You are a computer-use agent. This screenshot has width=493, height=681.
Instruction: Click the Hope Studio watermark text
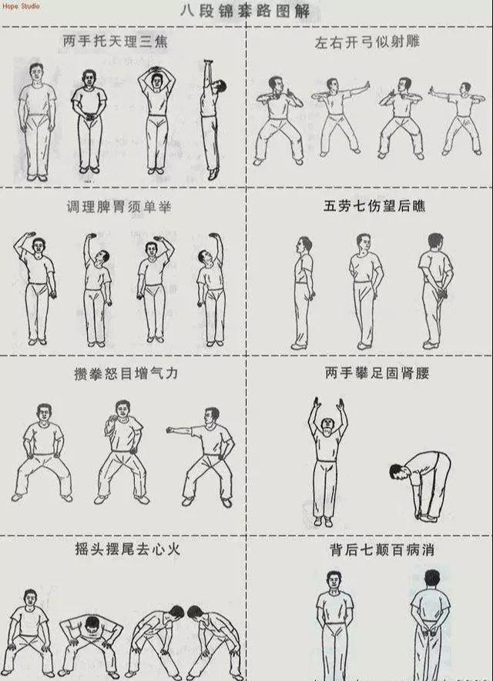tap(21, 6)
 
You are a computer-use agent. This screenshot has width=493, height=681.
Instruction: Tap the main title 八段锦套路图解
tap(246, 11)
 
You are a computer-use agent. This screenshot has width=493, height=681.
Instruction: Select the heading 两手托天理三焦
tap(116, 42)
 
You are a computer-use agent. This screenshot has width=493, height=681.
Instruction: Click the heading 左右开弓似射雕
tap(367, 42)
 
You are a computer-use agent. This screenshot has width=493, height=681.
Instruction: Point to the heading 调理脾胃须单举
tap(119, 207)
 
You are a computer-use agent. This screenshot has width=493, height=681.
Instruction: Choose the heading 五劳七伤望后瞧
tap(374, 205)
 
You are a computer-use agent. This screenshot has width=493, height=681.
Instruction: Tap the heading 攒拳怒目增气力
tap(126, 373)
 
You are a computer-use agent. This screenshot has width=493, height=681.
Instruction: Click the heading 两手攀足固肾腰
tap(377, 372)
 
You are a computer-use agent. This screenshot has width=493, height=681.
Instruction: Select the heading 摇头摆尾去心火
tap(127, 549)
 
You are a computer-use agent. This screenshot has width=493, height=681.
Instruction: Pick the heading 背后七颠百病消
tap(382, 550)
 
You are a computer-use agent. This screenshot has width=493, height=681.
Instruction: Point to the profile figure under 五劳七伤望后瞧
tap(304, 293)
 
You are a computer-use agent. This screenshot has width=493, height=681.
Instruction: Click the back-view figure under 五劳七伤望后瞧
tap(434, 291)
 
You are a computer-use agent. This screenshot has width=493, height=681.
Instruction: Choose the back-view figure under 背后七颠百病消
tap(431, 626)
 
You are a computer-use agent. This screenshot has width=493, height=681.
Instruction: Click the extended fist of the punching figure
tap(169, 430)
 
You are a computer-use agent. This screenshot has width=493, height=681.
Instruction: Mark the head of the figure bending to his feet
tap(397, 472)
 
